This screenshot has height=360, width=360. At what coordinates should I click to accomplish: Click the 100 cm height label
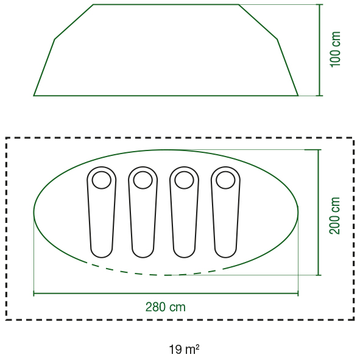coord(335,49)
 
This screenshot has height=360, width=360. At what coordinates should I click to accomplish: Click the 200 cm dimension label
coord(334,216)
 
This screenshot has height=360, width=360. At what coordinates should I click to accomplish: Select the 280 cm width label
coord(166,307)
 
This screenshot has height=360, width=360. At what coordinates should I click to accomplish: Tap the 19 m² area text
coord(184,350)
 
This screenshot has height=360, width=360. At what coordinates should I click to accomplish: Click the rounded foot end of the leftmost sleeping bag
coord(102,257)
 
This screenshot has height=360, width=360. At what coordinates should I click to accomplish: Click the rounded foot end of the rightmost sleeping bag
coord(225,257)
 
